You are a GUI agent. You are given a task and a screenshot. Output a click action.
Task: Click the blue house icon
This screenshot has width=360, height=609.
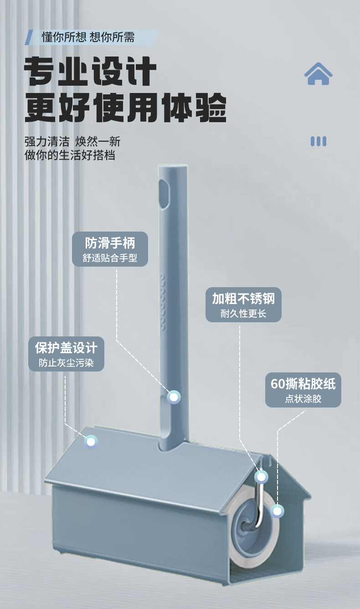coord(318,74)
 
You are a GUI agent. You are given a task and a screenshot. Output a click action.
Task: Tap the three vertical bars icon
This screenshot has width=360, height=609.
coord(318,141)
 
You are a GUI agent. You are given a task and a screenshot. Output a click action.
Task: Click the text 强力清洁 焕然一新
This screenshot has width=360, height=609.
coord(72,141)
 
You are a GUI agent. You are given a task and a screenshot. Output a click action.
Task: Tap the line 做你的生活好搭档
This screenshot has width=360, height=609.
coord(70,155)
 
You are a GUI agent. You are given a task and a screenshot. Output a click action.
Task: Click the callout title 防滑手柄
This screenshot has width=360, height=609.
coord(110,242)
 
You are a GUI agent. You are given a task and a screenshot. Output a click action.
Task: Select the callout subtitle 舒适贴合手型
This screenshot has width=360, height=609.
coord(110,258)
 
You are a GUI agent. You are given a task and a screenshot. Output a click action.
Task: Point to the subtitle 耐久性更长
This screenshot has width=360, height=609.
coord(243,314)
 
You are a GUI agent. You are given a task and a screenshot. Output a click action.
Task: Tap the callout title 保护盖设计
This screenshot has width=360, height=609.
coord(67,347)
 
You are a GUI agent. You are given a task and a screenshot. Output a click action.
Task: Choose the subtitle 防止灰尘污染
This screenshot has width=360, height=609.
coord(67,363)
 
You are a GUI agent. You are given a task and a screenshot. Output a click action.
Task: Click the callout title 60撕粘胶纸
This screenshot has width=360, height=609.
coord(303,384)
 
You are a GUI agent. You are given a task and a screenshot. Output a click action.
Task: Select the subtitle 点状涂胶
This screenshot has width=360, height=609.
coord(303,399)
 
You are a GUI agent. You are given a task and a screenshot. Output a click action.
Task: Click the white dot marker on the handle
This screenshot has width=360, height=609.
coord(174,397)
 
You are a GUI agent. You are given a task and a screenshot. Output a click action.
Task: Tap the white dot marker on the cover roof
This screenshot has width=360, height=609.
coord(91,441)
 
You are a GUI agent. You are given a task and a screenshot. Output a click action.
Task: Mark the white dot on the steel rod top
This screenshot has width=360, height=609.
coord(261,477)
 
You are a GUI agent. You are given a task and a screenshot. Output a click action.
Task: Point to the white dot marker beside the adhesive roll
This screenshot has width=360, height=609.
coord(277,511)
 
